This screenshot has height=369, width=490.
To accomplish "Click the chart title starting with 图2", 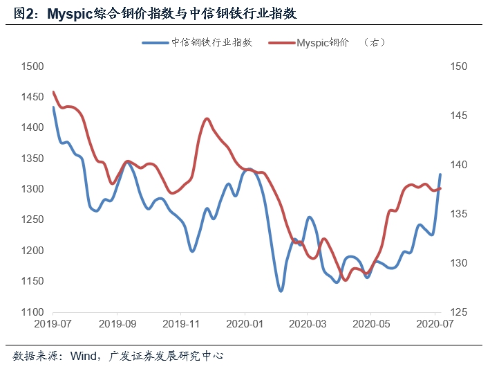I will point(156,12).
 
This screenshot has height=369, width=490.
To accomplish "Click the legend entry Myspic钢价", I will point(324,43).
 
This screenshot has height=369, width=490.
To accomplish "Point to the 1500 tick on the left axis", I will point(32,66).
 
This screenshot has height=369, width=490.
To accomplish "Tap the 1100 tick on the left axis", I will point(32,312).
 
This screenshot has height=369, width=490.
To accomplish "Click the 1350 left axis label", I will point(32,159).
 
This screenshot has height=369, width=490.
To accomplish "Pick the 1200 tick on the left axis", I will point(32,251).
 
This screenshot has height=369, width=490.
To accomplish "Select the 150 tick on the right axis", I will point(460,66).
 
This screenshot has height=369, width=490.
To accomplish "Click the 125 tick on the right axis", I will point(460,312).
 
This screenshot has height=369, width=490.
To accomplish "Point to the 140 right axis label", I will point(460,165).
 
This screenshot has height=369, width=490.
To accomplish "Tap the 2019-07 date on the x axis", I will point(54,323).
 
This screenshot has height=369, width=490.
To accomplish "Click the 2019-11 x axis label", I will point(181,323).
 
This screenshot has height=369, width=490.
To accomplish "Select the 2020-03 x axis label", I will point(308,323).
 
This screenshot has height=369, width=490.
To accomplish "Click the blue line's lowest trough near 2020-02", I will point(281,291).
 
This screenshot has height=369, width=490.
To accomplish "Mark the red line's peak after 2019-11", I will point(207,118).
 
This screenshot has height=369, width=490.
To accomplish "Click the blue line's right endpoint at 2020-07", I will point(440,174).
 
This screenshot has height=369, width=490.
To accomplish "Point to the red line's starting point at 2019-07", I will point(54,92).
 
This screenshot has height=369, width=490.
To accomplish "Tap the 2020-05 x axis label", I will point(371,323).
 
